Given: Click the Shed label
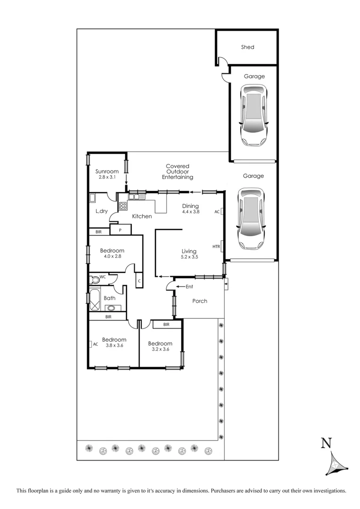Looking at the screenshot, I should pyautogui.click(x=247, y=47).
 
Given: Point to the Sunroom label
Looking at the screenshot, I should pyautogui.click(x=107, y=171).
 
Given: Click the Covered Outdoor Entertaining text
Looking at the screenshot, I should pyautogui.click(x=178, y=172).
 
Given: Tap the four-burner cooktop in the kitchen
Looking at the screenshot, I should pyautogui.click(x=123, y=205).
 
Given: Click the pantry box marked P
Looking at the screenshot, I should pyautogui.click(x=121, y=230).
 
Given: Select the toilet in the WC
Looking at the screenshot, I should pyautogui.click(x=95, y=279).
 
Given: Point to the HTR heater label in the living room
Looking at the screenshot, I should pyautogui.click(x=216, y=246).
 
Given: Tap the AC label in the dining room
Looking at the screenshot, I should pyautogui.click(x=217, y=212).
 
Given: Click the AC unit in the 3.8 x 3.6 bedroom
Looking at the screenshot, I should pyautogui.click(x=95, y=344).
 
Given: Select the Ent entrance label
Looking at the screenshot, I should pyautogui.click(x=189, y=287).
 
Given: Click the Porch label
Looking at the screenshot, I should pyautogui.click(x=200, y=301).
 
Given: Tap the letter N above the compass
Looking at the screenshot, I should pyautogui.click(x=326, y=443).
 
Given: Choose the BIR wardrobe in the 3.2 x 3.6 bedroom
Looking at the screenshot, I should pyautogui.click(x=166, y=324).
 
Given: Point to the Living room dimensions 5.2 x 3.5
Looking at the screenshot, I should pyautogui.click(x=188, y=258).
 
